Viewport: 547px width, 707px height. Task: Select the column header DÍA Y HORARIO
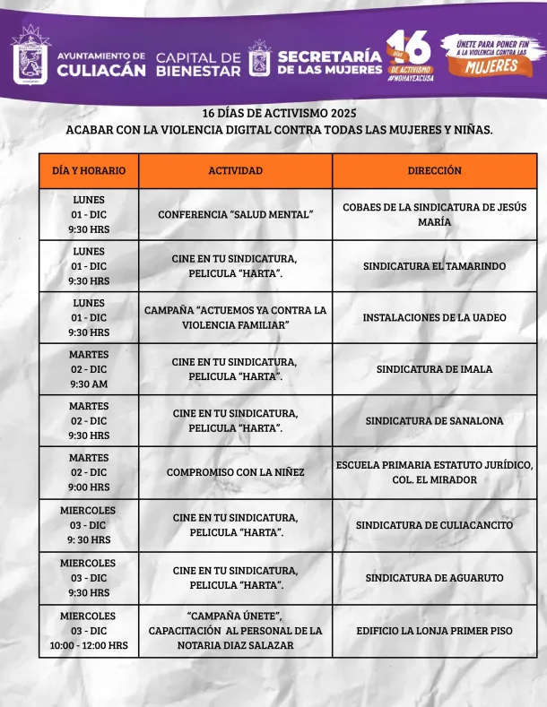(89, 170)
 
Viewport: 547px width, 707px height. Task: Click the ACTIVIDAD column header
(236, 170)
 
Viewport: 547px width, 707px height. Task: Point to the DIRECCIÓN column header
(434, 170)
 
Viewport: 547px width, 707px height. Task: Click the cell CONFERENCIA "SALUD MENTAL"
(236, 215)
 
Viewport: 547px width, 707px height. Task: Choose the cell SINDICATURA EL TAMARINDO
(434, 266)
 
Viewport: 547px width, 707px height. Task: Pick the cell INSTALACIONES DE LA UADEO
(434, 317)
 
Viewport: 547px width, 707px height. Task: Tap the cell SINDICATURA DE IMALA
(434, 369)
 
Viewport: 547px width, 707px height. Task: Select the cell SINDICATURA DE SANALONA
(434, 420)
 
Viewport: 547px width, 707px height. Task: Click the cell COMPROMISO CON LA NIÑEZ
(236, 472)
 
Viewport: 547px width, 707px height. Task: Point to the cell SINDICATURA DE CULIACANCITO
(434, 525)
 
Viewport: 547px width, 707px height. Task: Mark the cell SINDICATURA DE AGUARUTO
(434, 578)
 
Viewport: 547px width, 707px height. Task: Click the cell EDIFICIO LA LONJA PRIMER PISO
(434, 631)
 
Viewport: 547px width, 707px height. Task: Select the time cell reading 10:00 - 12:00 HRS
(88, 645)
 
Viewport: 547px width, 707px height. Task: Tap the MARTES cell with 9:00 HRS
(88, 472)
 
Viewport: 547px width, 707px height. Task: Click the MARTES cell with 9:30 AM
(88, 369)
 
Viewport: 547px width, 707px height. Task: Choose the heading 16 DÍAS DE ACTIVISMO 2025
(279, 113)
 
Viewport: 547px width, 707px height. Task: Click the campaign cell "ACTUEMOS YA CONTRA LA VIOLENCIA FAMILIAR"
(236, 317)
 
